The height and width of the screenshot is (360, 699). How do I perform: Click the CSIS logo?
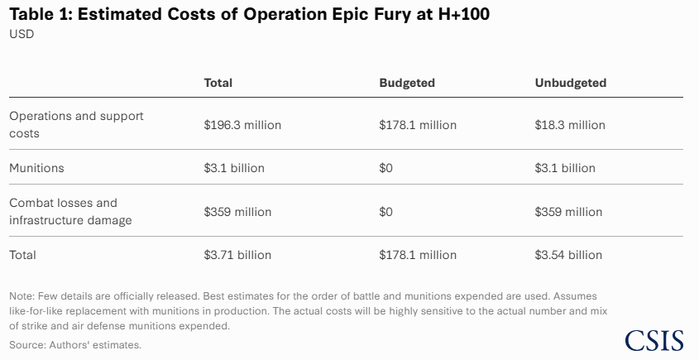pyautogui.click(x=654, y=340)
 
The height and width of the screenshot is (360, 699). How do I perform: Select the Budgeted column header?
pyautogui.click(x=407, y=83)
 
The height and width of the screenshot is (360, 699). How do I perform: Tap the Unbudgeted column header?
pyautogui.click(x=571, y=83)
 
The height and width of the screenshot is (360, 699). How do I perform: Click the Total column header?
pyautogui.click(x=218, y=83)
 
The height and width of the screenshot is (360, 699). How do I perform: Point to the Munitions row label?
pyautogui.click(x=36, y=168)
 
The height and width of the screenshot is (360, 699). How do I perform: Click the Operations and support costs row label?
pyautogui.click(x=76, y=124)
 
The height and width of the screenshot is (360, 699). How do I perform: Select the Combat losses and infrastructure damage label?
pyautogui.click(x=70, y=211)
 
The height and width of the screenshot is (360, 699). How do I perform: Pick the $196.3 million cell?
pyautogui.click(x=242, y=125)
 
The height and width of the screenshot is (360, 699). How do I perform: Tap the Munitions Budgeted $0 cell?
pyautogui.click(x=385, y=168)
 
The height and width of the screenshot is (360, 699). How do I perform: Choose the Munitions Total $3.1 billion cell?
pyautogui.click(x=234, y=168)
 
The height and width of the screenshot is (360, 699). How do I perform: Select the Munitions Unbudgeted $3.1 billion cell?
pyautogui.click(x=565, y=168)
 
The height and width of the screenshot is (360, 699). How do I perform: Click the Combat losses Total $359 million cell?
pyautogui.click(x=237, y=212)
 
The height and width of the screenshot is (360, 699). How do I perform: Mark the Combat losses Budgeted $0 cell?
pyautogui.click(x=385, y=212)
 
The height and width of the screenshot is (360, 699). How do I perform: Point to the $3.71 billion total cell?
pyautogui.click(x=237, y=255)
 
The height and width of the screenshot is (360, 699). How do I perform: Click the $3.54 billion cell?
pyautogui.click(x=568, y=255)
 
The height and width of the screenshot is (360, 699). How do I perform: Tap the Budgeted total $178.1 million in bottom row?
pyautogui.click(x=418, y=255)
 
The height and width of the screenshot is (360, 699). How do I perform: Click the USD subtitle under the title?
pyautogui.click(x=22, y=34)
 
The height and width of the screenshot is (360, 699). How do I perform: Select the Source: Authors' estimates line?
pyautogui.click(x=75, y=344)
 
